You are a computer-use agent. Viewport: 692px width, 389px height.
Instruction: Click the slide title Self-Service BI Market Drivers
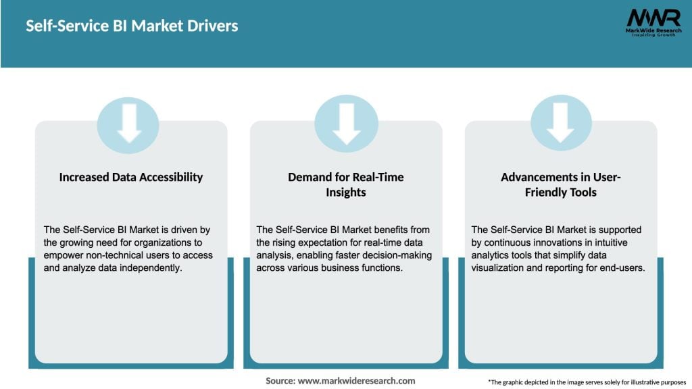click(132, 26)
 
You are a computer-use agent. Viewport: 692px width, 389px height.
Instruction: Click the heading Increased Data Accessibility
click(131, 178)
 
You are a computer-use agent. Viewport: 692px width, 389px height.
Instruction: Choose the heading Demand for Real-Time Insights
click(346, 184)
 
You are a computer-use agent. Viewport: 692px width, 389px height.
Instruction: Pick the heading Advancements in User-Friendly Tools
click(560, 184)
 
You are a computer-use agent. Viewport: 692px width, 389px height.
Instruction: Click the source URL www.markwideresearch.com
click(356, 381)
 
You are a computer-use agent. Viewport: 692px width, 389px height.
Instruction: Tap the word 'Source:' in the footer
click(280, 381)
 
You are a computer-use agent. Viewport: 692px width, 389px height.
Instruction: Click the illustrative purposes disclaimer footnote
click(587, 382)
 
